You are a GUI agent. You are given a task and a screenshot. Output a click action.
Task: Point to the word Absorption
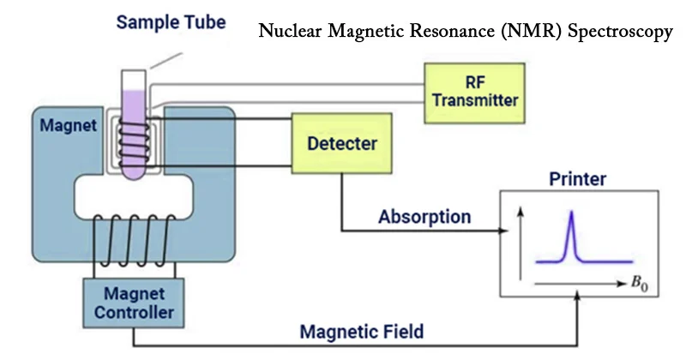tap(424, 216)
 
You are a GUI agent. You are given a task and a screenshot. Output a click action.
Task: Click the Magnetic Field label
tap(361, 330)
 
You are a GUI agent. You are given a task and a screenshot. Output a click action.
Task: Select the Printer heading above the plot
tap(580, 179)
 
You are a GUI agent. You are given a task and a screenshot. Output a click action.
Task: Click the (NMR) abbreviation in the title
tap(528, 34)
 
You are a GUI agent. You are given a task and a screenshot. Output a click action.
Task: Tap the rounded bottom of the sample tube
tap(135, 175)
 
